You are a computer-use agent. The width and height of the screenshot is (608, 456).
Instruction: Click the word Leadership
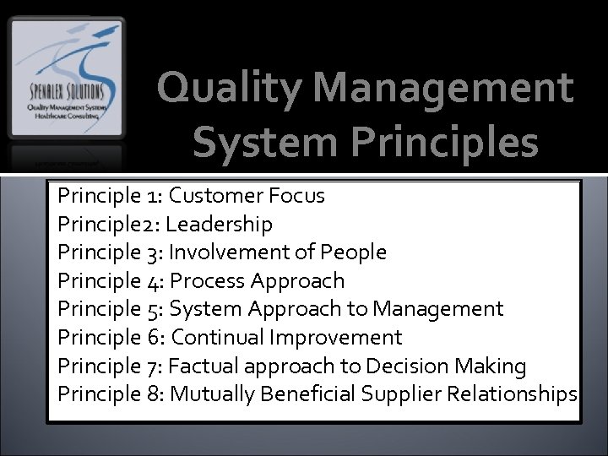220,225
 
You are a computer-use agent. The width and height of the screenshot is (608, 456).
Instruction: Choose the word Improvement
335,338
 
